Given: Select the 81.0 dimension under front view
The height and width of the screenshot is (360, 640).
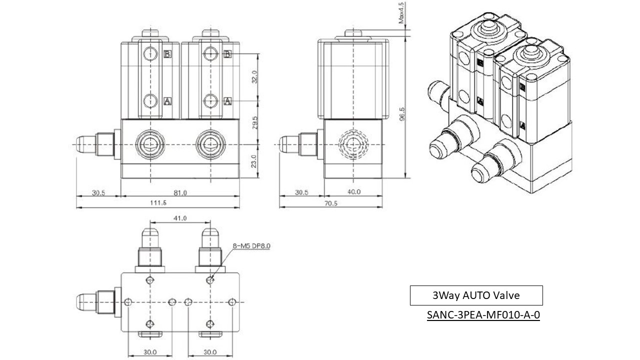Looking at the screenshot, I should pyautogui.click(x=180, y=192).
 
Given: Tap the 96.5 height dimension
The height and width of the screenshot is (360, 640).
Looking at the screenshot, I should pyautogui.click(x=402, y=114).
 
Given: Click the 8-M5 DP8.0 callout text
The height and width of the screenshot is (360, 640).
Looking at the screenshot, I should pyautogui.click(x=251, y=246).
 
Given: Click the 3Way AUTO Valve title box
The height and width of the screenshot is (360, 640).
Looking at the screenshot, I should pyautogui.click(x=476, y=295).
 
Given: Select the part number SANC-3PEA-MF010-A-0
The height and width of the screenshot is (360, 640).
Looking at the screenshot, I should pyautogui.click(x=483, y=315).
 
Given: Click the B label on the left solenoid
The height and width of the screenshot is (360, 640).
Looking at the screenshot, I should pyautogui.click(x=167, y=54).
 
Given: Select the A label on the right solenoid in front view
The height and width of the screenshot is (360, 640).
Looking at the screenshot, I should pyautogui.click(x=228, y=101).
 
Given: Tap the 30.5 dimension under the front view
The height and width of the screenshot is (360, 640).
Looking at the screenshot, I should pyautogui.click(x=98, y=192).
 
